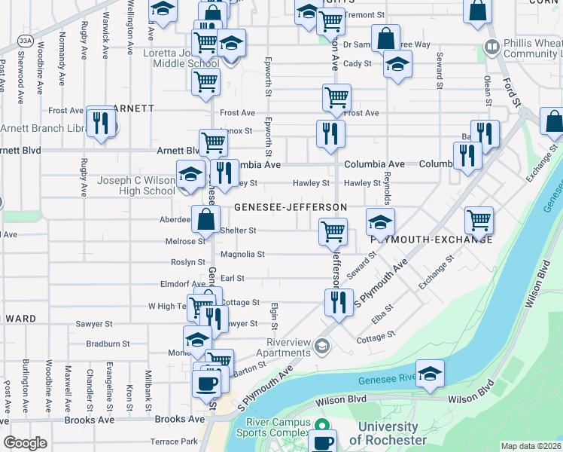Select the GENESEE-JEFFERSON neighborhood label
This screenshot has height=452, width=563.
pos(290,206)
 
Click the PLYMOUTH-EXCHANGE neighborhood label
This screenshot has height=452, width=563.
pos(431,240)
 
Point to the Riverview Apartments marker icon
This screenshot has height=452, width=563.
pos(322,346)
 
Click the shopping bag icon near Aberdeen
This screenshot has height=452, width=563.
pos(205,219)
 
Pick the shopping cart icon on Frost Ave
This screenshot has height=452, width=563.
pos(336,96)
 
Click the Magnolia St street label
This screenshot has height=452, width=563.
pos(242,255)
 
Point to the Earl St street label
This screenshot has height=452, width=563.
pos(233,278)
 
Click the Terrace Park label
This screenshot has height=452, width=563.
pos(173,441)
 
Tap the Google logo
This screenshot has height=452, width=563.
pos(25,442)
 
